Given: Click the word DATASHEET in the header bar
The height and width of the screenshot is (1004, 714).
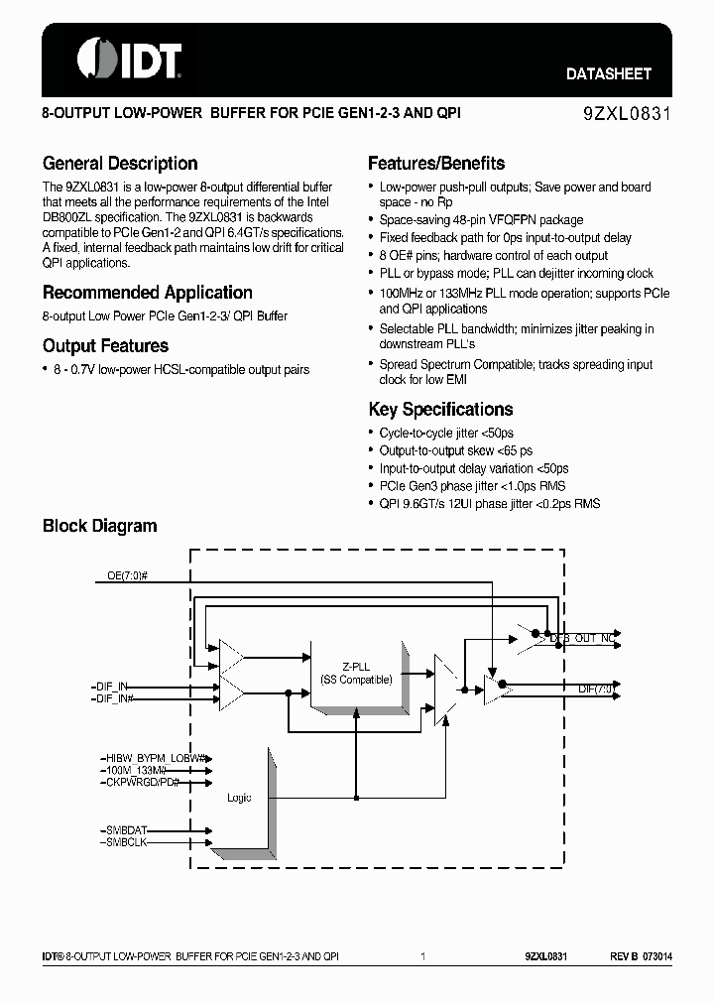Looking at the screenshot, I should click(x=608, y=73).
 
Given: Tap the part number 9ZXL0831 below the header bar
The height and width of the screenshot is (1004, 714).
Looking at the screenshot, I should click(x=627, y=114).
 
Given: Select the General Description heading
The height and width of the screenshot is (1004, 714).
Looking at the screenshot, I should click(x=120, y=164).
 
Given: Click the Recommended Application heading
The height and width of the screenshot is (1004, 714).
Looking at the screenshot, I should click(x=147, y=293).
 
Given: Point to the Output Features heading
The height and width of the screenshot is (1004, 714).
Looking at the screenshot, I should click(x=105, y=346).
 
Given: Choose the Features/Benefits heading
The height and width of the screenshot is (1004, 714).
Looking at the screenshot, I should click(x=436, y=164).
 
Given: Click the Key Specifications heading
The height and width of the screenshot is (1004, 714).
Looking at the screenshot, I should click(x=440, y=410).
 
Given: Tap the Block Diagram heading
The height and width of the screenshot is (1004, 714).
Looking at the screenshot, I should click(x=99, y=526).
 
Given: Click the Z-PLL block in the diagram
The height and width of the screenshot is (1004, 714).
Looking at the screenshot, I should click(x=356, y=673).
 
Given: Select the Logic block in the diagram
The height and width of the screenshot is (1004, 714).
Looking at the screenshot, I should click(x=239, y=798).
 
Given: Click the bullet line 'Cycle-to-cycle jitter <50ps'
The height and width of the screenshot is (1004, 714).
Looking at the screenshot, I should click(x=446, y=434).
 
